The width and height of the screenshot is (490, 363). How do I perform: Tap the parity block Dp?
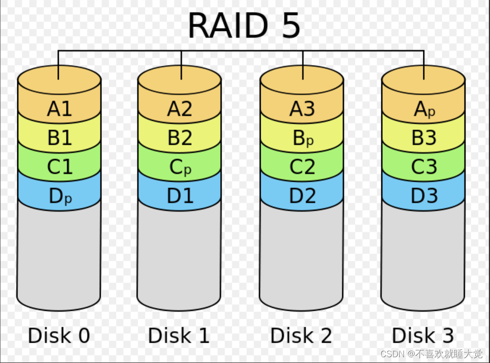59,196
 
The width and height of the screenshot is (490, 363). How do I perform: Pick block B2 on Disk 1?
180,138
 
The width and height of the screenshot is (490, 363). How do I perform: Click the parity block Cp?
180,167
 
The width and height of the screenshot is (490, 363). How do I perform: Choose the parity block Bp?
302,139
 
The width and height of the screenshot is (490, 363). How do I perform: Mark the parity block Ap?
424,110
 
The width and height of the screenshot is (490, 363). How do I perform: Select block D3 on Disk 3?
424,196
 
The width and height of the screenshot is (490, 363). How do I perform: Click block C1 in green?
59,167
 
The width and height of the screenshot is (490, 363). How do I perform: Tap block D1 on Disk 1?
180,196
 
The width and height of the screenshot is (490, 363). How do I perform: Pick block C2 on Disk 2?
302,167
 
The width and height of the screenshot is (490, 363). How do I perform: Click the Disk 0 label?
59,335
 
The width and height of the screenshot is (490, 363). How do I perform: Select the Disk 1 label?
179,335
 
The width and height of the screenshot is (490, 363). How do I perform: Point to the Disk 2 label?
301,335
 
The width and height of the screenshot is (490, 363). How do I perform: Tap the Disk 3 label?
423,335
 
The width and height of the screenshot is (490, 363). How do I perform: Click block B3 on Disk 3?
424,138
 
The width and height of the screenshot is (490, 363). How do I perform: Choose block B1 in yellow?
59,138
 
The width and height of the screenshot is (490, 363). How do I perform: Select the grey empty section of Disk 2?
302,256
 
